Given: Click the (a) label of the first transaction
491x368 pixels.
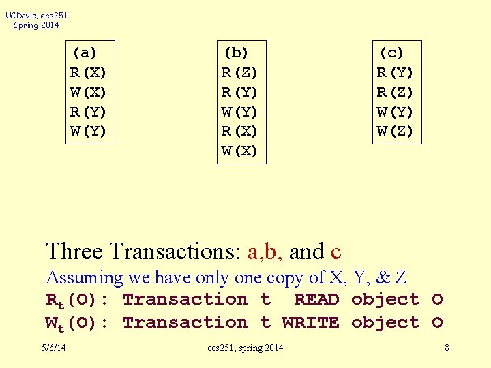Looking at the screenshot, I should coord(85,52).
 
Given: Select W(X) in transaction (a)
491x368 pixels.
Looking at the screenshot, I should coord(89,92).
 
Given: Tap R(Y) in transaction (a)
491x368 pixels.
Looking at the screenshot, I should coord(89,112).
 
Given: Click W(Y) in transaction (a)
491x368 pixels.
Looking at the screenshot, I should coord(89,132).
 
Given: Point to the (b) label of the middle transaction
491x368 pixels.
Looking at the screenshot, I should coord(237,52).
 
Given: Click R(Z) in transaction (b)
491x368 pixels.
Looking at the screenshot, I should coord(240,72).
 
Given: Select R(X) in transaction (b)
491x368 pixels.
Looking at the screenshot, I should coord(240,132).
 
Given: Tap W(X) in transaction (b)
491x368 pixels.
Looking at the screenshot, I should coord(240,151).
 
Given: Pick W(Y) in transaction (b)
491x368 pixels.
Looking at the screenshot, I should coord(240,112).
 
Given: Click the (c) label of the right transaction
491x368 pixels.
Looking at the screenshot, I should coord(392,52).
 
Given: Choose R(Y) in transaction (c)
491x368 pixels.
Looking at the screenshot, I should coord(396,72).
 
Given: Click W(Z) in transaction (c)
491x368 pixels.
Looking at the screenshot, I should coord(396,132).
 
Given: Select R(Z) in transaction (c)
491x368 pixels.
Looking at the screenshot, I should coord(396,92).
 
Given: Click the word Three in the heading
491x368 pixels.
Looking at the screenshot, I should coord(74,251).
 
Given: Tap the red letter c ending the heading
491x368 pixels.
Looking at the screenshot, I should coord(335,252).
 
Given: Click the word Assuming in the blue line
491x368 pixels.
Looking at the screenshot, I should coord(84,278).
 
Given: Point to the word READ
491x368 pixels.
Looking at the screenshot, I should coord(316,299).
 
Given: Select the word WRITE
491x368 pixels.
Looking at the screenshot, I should coord(310,322).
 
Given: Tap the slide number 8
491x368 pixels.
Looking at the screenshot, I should coord(447,348).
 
